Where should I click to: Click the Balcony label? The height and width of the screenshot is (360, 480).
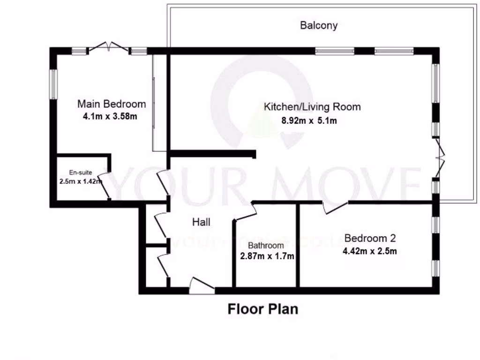(x=319, y=25)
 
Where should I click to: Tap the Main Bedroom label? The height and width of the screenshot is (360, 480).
(x=112, y=104)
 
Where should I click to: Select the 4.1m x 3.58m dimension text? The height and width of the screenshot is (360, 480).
(x=110, y=116)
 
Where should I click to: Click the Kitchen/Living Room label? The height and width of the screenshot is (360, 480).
(x=312, y=107)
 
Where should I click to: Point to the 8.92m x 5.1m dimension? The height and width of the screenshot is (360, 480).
(x=309, y=120)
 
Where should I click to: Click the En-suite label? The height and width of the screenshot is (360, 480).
(x=78, y=172)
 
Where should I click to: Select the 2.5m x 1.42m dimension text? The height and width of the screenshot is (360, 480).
(x=81, y=181)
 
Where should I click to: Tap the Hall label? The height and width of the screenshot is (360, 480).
(x=201, y=222)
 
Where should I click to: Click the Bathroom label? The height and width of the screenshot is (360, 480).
(x=266, y=246)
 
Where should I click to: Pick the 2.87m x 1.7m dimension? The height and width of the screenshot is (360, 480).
(x=267, y=256)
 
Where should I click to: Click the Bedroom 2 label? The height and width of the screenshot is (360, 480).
(x=370, y=238)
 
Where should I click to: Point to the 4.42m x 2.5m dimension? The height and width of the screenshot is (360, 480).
(x=370, y=251)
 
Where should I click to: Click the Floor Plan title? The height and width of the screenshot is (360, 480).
(x=262, y=309)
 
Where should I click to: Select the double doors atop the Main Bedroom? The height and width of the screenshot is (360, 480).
(x=109, y=47)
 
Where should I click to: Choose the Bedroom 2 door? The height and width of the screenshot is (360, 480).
(x=335, y=208)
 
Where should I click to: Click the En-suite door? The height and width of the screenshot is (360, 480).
(x=105, y=186)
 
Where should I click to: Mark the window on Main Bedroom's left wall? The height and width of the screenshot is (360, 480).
(x=53, y=84)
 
